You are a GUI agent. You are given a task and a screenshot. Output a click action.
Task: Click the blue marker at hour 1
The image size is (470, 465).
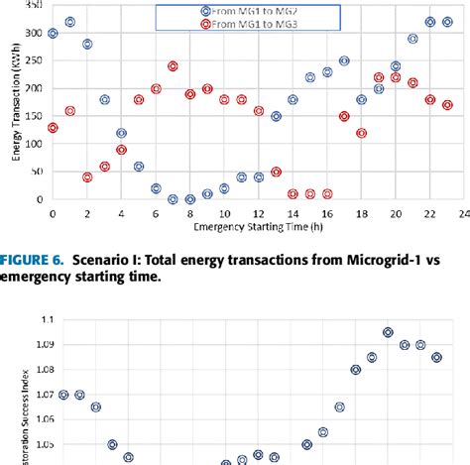(69, 22)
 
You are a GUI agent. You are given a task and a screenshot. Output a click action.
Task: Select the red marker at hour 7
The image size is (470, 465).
(173, 66)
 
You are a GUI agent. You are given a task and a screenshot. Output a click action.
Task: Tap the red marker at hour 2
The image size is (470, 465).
(87, 177)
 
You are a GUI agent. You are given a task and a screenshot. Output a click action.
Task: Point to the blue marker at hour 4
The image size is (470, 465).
(121, 133)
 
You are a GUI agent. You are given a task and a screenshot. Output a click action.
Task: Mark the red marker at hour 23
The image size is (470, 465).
(447, 105)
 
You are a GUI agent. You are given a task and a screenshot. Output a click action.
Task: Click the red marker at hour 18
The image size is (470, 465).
(361, 133)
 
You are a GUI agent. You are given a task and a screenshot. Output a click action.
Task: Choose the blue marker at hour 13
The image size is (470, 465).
(276, 116)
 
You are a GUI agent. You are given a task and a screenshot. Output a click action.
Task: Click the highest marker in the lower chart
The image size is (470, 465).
(388, 332)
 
